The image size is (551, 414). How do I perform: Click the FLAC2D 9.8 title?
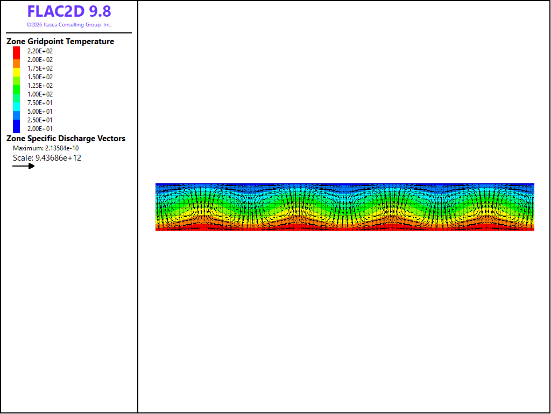click(x=69, y=12)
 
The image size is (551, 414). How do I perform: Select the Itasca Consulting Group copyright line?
click(x=69, y=25)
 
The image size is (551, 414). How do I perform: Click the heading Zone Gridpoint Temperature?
click(x=60, y=42)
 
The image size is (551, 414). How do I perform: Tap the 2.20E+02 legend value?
click(x=40, y=51)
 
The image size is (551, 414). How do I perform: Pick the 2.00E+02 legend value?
click(x=40, y=60)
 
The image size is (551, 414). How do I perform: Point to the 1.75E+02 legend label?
click(x=40, y=68)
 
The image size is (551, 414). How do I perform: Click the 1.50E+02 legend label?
click(x=40, y=77)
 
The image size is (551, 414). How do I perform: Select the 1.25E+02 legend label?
click(x=40, y=86)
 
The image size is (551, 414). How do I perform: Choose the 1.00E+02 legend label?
click(x=40, y=94)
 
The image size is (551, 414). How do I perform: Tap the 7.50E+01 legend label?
click(x=40, y=103)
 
